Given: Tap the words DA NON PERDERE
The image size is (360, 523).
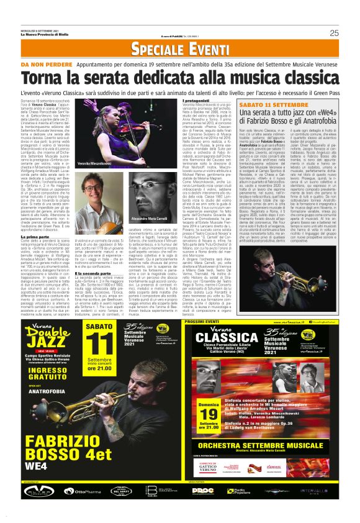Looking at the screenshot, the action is (x=43, y=65).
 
